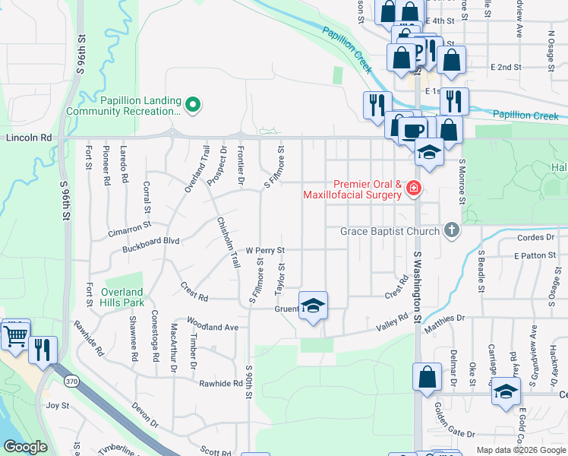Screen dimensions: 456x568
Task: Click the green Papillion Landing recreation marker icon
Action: [x=194, y=105]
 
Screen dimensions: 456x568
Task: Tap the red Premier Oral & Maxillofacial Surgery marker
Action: [x=413, y=188]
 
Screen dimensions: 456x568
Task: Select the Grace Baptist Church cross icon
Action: [x=452, y=230]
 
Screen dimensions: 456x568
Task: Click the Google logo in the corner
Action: [x=25, y=447]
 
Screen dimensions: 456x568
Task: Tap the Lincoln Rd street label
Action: [x=29, y=138]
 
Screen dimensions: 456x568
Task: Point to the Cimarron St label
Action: [x=128, y=226]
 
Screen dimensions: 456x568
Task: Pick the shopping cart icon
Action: [x=16, y=334]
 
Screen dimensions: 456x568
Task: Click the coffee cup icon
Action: [x=413, y=131]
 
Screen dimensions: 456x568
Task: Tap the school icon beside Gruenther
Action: [x=312, y=306]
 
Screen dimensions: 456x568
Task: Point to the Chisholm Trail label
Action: [x=229, y=242]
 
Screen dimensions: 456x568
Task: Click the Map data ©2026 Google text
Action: [x=521, y=449]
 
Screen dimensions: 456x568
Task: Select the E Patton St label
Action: [x=535, y=256]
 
